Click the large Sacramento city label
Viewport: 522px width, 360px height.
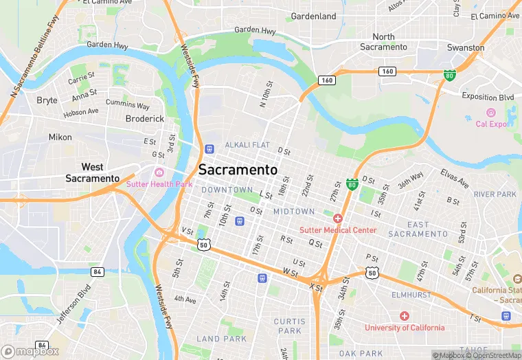click(238, 170)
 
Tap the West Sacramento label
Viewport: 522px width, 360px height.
click(93, 172)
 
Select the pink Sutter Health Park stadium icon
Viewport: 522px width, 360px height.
click(160, 172)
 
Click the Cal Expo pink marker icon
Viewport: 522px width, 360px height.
click(490, 113)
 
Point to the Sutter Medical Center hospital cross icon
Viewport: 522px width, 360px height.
click(338, 218)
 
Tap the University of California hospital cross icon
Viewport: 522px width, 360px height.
click(405, 316)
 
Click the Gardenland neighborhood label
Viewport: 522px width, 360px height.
click(313, 16)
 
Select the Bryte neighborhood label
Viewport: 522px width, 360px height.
click(47, 100)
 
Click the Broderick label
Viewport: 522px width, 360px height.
click(145, 118)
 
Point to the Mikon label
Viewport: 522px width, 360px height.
click(60, 137)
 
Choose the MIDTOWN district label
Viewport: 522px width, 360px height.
click(294, 212)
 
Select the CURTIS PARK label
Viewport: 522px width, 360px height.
click(289, 326)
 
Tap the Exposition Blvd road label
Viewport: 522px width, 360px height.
click(488, 97)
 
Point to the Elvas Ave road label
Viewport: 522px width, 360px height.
click(455, 180)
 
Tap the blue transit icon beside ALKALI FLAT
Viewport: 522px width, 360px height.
click(209, 148)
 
